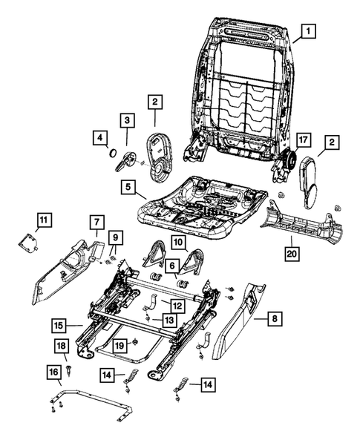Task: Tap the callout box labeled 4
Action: [99, 137]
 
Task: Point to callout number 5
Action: [128, 187]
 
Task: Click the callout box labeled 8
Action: [274, 320]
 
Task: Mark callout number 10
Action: [180, 243]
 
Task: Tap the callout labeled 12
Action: [177, 304]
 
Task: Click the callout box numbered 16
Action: [54, 371]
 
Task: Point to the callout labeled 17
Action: [302, 139]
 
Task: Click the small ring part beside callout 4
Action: [112, 153]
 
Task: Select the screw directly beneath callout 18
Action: [69, 364]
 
